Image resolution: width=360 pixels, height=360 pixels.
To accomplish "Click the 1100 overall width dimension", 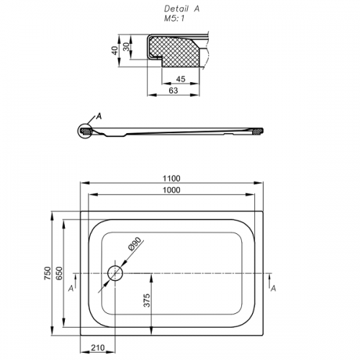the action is (171, 179).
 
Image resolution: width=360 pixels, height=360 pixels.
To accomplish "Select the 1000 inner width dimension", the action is (171, 190).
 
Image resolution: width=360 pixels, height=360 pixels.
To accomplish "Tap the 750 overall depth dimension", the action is (48, 273).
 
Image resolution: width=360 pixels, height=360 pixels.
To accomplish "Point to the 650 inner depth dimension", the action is (59, 273).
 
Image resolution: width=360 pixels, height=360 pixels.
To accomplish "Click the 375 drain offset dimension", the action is (146, 300).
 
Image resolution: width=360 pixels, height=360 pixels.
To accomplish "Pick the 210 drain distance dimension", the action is (98, 348).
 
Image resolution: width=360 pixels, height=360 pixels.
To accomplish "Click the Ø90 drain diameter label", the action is (135, 244).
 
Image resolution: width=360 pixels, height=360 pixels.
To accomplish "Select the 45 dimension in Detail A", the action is (181, 79).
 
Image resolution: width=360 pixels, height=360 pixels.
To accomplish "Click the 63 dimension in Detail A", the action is (174, 91).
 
